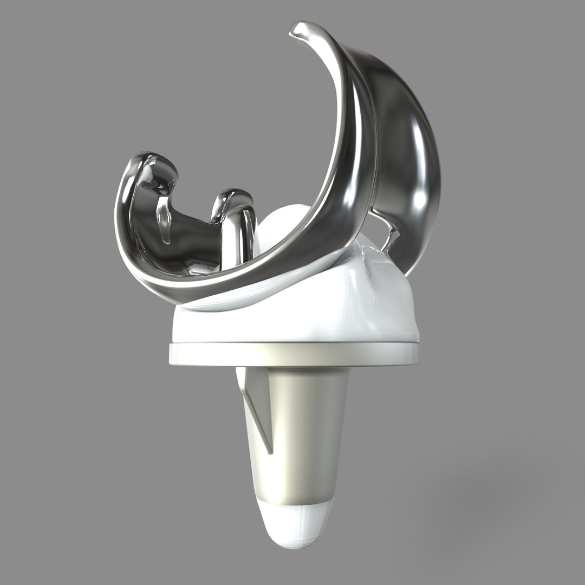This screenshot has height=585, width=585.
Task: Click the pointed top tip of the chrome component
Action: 297,29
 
